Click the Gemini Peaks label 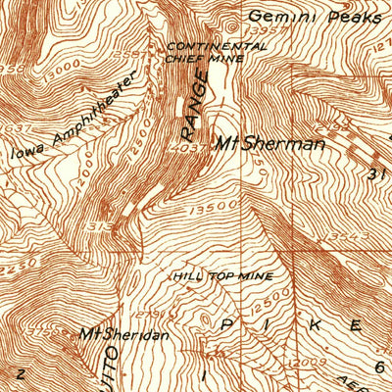pyautogui.click(x=313, y=17)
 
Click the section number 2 pyautogui.click(x=20, y=373)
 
